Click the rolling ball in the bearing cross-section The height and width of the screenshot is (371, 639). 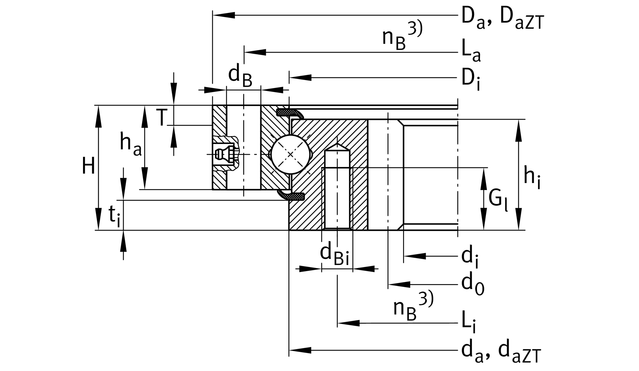pos(290,154)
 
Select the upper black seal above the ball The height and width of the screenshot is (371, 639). pos(289,113)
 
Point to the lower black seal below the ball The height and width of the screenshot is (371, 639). pos(292,196)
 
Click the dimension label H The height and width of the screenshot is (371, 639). pos(88,166)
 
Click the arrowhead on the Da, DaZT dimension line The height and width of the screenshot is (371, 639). pos(224,15)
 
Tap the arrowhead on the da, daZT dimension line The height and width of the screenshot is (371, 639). pos(300,350)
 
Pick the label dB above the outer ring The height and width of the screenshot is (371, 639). pos(240,76)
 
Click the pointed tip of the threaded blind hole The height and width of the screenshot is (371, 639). pos(337,145)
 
